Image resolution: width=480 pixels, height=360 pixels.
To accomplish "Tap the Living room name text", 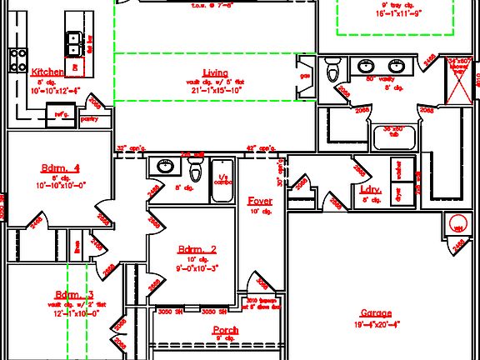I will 215,73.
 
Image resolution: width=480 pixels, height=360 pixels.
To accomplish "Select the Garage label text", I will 376,313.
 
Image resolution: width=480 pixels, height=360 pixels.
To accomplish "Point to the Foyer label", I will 260,201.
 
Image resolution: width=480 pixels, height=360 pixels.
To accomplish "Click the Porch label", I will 225,330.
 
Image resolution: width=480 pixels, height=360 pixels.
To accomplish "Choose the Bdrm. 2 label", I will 197,249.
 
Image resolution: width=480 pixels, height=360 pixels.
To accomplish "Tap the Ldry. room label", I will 371,190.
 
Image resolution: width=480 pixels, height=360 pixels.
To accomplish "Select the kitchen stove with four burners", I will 17,59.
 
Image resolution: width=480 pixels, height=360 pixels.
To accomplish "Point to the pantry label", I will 88,119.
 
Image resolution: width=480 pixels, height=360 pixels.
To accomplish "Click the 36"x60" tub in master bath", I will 393,136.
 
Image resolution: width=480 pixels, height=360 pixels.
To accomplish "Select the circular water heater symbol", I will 457,224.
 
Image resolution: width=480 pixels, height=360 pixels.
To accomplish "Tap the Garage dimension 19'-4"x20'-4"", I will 376,324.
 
